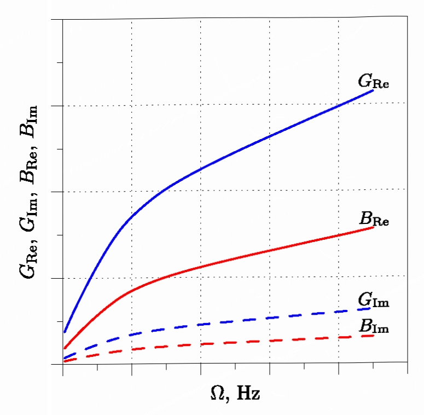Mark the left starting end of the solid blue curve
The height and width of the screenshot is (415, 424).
[65, 332]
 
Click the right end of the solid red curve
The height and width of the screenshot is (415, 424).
[373, 227]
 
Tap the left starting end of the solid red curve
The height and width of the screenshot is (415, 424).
[65, 348]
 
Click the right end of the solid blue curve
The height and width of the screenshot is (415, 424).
[373, 90]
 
